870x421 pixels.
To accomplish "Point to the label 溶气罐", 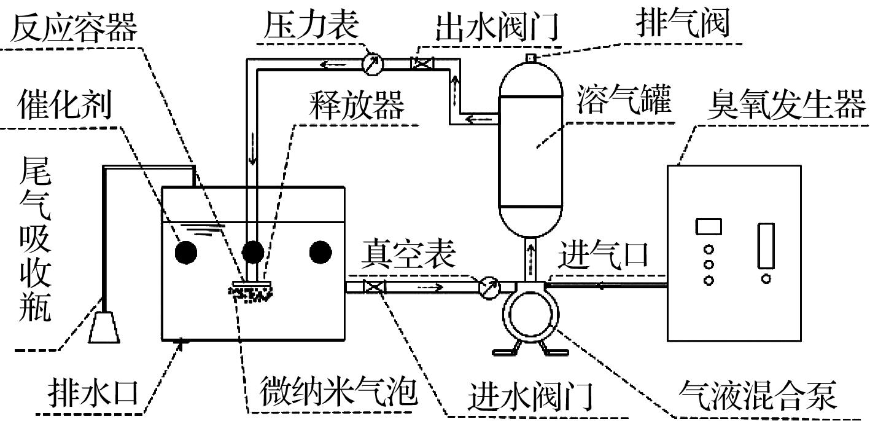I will (x=623, y=100).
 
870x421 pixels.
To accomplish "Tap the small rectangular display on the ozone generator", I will (x=708, y=226).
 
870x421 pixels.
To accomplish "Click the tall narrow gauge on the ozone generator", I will (x=766, y=246).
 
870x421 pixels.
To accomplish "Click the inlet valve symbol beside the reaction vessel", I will (x=374, y=287).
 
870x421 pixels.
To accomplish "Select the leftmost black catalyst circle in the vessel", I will (x=185, y=252).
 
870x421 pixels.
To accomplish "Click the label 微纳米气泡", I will (x=336, y=391).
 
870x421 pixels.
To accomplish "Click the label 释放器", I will (x=357, y=104).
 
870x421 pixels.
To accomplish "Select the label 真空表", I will (x=408, y=253).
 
